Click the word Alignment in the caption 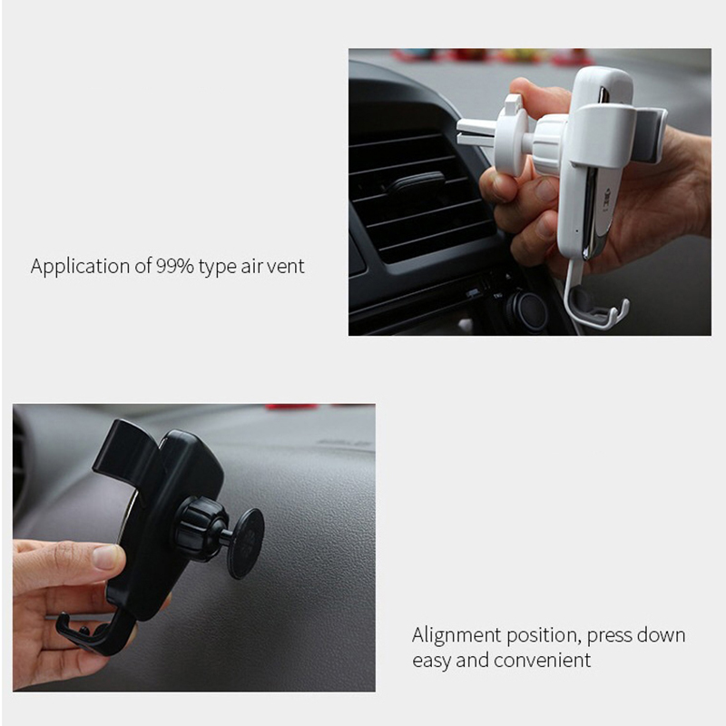coord(456,635)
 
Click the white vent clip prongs coord(478,130)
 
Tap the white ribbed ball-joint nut coord(551,145)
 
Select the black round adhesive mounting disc coord(246,544)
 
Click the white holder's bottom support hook coord(597,306)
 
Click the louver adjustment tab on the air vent coord(416,182)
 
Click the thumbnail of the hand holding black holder coord(194,548)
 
